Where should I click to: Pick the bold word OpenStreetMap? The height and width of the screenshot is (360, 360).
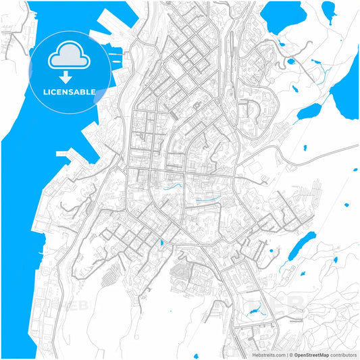pyautogui.click(x=311, y=354)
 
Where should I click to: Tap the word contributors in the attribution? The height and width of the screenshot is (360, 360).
pyautogui.click(x=343, y=354)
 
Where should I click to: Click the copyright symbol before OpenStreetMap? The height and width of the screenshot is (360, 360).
pyautogui.click(x=290, y=354)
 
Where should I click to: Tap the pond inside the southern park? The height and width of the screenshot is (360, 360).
pyautogui.click(x=256, y=311)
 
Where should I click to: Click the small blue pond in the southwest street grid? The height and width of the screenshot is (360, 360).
pyautogui.click(x=162, y=242)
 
